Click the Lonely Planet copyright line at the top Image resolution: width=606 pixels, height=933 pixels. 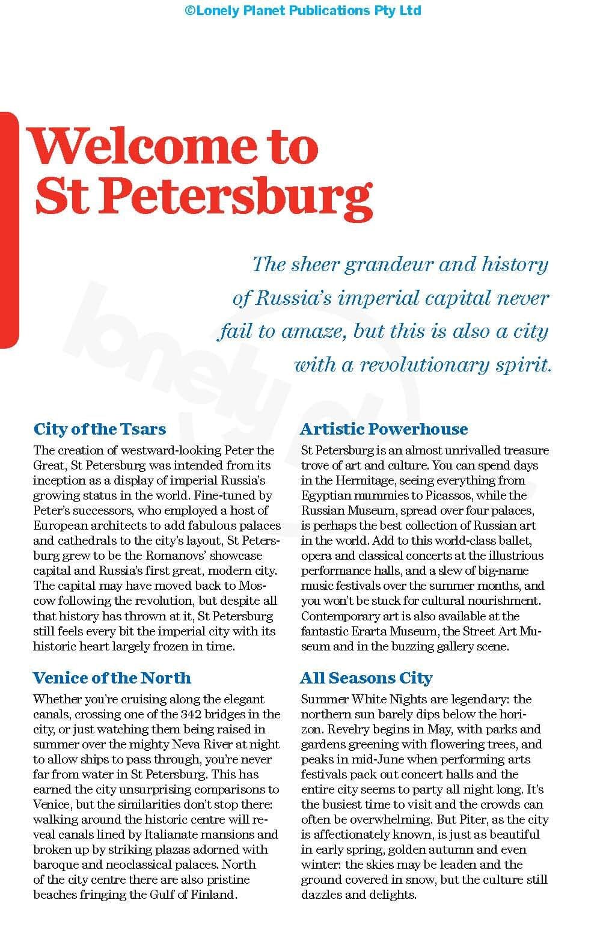[x=303, y=10]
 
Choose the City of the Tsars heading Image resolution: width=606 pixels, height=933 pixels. [x=100, y=429]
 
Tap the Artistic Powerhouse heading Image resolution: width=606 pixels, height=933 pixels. [x=384, y=429]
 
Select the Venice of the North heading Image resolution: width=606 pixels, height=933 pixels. [x=112, y=678]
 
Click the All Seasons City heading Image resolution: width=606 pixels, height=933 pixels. [x=366, y=678]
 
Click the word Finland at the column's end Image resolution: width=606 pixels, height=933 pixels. [x=212, y=895]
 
